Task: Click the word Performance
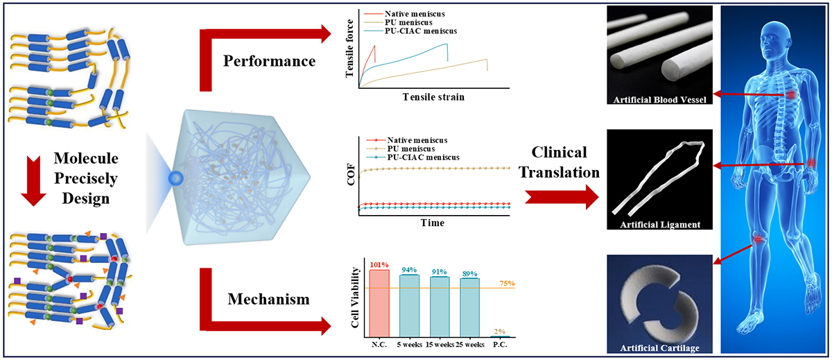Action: point(268,60)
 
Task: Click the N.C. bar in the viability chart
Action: point(379,302)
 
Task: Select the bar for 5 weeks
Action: point(409,305)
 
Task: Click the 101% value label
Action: point(379,264)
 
